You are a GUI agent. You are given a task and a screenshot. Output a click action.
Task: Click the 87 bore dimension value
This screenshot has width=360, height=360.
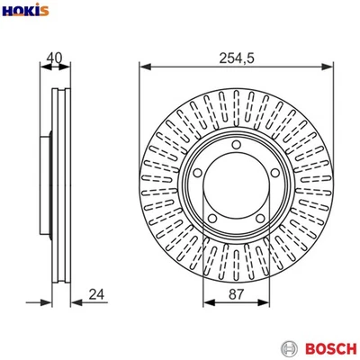(236, 292)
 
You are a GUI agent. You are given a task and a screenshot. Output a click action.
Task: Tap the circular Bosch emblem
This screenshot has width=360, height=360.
(289, 347)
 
